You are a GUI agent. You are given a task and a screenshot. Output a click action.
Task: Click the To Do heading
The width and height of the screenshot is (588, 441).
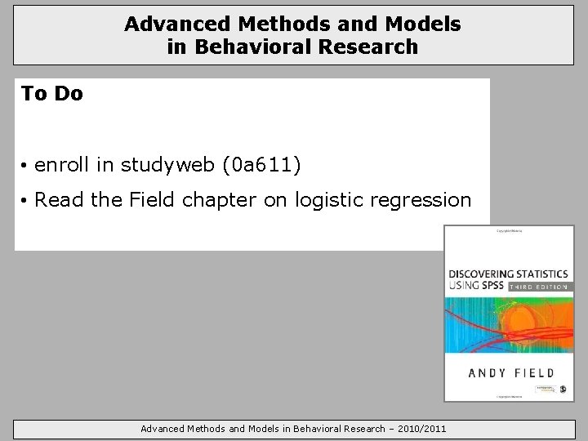pos(52,94)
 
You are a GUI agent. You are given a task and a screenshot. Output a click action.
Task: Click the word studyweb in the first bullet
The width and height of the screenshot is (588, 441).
pos(167,166)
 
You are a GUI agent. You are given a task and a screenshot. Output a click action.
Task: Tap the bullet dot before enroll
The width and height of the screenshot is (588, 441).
pos(26,167)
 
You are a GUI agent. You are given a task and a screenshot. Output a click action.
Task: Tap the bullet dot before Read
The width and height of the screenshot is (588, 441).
pos(26,201)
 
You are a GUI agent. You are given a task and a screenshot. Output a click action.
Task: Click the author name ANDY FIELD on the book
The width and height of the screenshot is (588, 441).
pos(510,372)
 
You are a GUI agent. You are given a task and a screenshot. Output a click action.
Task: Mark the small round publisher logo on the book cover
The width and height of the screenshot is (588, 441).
pos(564,390)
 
